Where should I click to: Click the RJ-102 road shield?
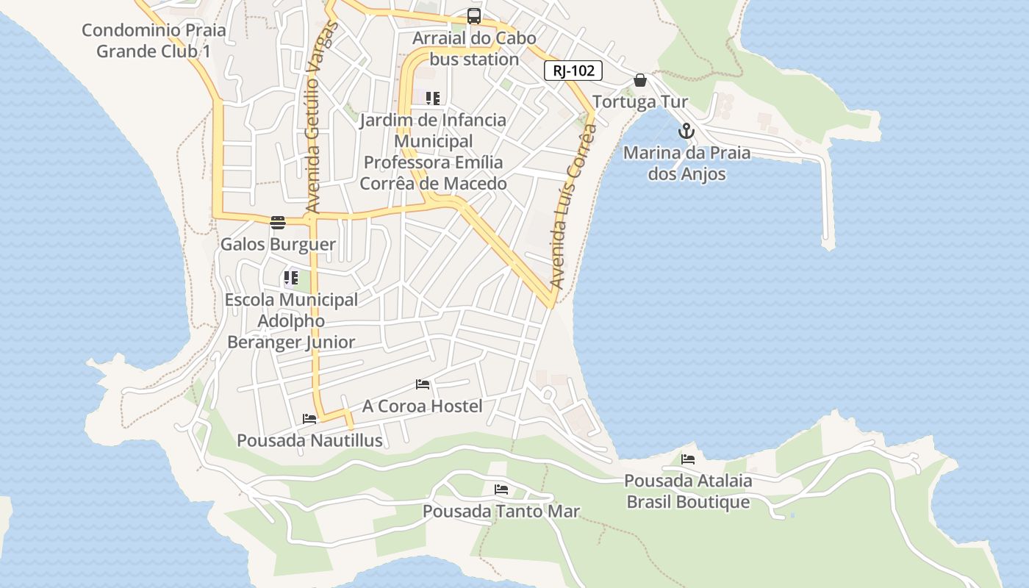point(573,71)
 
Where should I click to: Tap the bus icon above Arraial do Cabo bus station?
point(474,16)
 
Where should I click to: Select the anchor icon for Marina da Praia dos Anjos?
point(686,132)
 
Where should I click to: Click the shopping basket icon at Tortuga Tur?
point(640,80)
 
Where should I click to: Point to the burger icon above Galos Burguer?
point(278,223)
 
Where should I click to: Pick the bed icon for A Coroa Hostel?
point(423,384)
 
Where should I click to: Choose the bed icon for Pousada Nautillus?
point(309,419)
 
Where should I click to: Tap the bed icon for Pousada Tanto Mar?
point(501,490)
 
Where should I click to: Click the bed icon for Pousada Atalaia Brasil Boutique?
point(688,459)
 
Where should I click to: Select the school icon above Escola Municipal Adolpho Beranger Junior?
point(291,278)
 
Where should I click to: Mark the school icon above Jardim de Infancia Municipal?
point(433,98)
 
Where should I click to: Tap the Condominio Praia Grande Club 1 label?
point(154,40)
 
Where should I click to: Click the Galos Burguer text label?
point(279,244)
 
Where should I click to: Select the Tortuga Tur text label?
point(640,101)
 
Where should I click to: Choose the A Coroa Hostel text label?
point(423,406)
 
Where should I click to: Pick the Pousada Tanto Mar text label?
point(501,511)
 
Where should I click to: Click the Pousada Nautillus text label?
point(309,440)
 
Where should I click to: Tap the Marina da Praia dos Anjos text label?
point(686,163)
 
